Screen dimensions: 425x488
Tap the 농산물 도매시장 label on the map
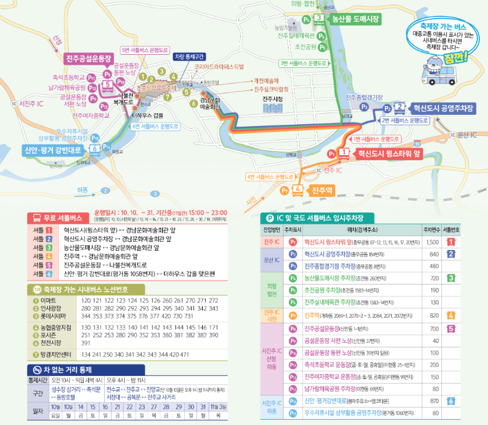click(354, 19)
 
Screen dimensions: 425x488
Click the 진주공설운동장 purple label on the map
click(88, 59)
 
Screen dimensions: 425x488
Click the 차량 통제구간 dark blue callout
click(189, 57)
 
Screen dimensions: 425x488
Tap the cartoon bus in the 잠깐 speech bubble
click(446, 74)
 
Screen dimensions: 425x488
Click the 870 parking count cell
click(433, 401)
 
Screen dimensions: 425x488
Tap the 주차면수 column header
click(432, 229)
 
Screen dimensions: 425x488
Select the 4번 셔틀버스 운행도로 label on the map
click(269, 177)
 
